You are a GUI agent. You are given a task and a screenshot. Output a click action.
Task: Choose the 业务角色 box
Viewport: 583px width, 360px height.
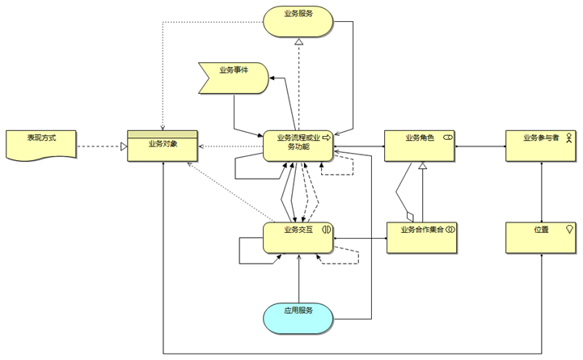[x=420, y=145]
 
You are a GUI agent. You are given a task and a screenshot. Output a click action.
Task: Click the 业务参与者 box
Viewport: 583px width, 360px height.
[x=541, y=145]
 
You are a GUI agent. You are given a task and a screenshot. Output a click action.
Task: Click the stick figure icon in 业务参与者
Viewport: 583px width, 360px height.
[x=568, y=138]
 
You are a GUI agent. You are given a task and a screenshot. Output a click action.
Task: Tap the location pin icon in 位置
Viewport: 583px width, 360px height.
[x=570, y=230]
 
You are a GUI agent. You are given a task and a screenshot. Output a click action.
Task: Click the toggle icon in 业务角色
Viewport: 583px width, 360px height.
[x=447, y=138]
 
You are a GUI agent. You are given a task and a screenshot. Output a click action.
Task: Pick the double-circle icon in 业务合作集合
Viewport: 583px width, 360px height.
[x=450, y=229]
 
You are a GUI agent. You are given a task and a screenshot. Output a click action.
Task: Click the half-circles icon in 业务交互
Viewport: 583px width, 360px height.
[x=327, y=229]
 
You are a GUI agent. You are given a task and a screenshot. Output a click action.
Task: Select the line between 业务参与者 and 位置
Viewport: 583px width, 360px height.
[x=541, y=191]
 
